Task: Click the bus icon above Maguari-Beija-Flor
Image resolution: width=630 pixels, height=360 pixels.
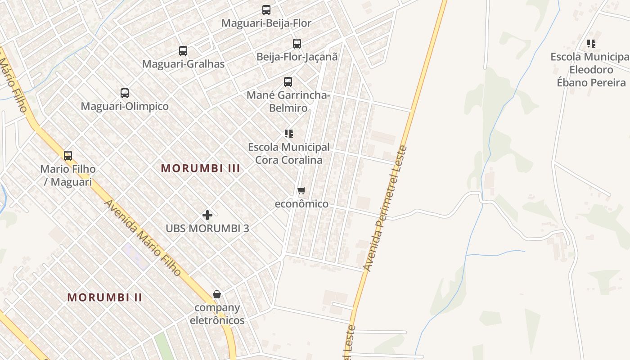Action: tap(266, 9)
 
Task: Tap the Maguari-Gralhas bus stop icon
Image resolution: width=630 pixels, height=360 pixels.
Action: tap(183, 51)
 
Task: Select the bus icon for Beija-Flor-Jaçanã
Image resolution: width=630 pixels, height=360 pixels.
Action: tap(297, 44)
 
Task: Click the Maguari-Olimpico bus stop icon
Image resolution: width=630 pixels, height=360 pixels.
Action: tap(125, 93)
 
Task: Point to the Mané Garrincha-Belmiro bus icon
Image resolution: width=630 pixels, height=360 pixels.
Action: tap(288, 82)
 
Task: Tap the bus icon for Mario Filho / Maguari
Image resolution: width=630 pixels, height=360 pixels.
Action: tap(68, 156)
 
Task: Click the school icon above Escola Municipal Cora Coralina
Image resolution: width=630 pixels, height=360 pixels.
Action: tap(289, 134)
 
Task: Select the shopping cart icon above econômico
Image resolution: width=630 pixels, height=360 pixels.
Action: tap(301, 191)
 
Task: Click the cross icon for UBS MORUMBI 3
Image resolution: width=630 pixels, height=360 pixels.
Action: tap(207, 215)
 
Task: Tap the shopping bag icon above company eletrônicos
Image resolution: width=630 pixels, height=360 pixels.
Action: tap(217, 295)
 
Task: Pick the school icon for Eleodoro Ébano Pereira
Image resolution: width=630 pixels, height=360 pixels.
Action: tap(591, 44)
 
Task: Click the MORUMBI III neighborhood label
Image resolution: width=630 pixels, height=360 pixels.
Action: tap(201, 168)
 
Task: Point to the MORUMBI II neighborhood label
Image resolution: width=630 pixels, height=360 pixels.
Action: tap(105, 297)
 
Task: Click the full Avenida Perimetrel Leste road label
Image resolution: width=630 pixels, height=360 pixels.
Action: tap(385, 209)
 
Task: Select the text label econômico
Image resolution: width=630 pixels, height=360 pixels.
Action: tap(301, 204)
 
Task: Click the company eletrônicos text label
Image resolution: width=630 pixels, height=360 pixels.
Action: tap(217, 314)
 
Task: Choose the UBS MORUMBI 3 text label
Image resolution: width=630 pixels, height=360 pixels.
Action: tap(207, 228)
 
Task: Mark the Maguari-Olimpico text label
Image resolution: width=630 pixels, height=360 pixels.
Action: tap(125, 106)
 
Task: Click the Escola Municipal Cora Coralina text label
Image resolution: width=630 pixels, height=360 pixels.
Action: tap(289, 153)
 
